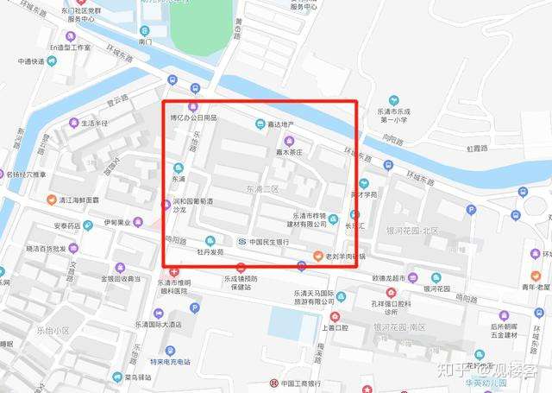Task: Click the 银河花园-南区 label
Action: (406, 328)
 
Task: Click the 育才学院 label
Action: (364, 194)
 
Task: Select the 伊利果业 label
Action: (119, 222)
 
